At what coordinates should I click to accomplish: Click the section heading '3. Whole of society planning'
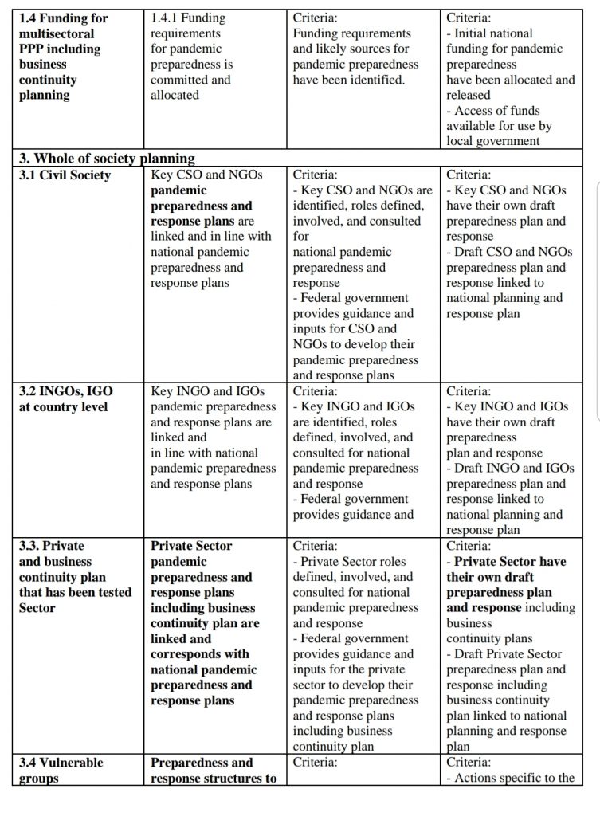point(107,158)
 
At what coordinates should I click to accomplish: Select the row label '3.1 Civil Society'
point(65,175)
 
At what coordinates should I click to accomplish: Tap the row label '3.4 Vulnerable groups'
point(61,770)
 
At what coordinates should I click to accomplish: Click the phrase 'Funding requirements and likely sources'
point(353,41)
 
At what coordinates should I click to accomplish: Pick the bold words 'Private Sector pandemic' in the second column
point(191,554)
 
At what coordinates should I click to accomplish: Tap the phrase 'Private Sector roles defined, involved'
point(355,569)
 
